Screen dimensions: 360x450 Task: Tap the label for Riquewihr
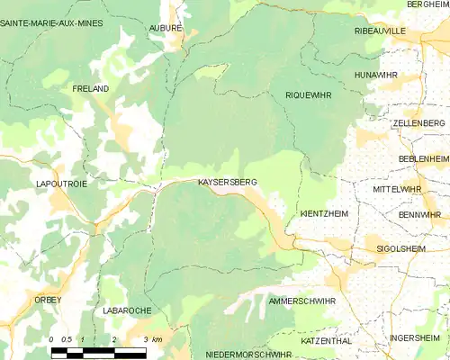[x=308, y=94]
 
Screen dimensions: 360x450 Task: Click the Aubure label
[x=166, y=28]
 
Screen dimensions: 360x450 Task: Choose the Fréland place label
[x=90, y=89]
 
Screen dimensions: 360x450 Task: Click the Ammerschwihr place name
[x=301, y=301]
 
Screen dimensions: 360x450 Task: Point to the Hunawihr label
[x=376, y=75]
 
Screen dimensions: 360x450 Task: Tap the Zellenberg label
[x=418, y=122]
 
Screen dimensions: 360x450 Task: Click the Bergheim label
[x=427, y=4]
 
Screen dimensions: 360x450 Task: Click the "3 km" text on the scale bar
[x=152, y=339]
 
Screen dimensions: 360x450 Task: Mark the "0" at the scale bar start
[x=52, y=339]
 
